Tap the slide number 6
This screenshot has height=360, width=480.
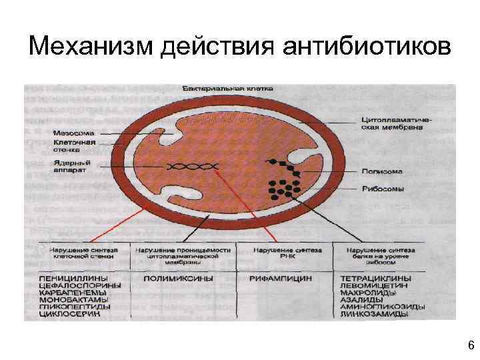pos(471,345)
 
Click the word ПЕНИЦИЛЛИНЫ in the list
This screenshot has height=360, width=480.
pos(67,277)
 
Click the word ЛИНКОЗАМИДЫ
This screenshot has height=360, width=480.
pos(375,313)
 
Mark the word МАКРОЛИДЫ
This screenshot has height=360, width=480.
pos(369,292)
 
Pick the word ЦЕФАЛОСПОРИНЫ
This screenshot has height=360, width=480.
pos(71,285)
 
